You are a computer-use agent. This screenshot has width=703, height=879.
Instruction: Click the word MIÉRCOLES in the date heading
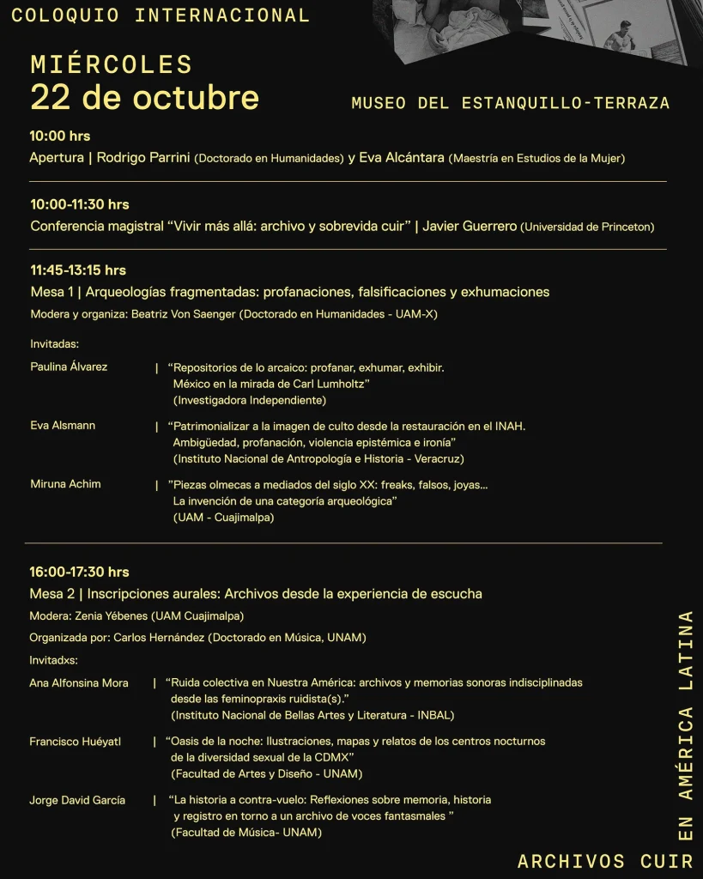112,64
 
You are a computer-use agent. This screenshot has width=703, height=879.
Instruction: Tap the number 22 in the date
51,97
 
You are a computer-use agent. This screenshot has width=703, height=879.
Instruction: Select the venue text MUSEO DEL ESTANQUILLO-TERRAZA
510,103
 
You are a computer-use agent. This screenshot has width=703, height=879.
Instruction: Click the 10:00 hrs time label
60,136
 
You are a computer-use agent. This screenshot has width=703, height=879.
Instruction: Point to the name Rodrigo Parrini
143,158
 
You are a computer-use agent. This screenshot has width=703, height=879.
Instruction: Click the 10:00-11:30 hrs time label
80,204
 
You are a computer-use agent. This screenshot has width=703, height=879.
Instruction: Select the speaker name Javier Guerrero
470,227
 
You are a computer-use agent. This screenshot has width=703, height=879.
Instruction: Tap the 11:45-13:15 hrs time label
78,270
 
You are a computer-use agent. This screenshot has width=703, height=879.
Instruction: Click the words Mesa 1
52,292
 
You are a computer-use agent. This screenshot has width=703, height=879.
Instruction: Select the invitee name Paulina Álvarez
69,367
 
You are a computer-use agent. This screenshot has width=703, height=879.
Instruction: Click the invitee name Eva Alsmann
63,426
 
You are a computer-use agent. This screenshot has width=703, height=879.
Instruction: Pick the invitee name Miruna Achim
65,484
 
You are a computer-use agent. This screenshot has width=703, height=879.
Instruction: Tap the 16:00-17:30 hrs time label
79,572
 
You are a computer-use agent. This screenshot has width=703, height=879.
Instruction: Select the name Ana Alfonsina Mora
79,683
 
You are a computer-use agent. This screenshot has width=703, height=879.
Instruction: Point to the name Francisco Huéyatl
76,742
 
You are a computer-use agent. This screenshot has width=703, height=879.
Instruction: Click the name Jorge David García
77,800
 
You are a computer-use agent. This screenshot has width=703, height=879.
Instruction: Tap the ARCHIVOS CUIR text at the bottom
604,861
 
